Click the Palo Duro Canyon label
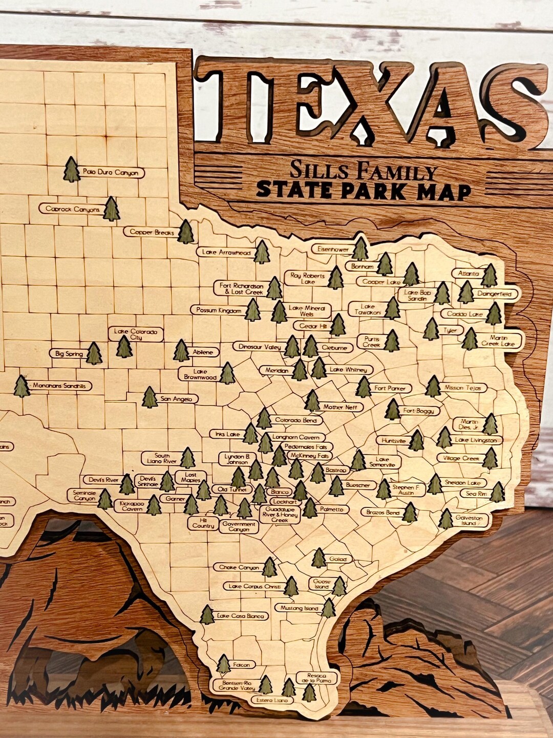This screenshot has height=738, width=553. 110,173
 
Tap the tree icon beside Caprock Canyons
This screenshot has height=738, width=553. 111,209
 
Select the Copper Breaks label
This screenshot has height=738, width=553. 152,232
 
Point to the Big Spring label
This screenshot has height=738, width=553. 69,354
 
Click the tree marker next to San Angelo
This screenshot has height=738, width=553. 150,398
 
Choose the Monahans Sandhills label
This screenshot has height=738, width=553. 60,386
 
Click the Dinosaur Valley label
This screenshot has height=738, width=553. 260,347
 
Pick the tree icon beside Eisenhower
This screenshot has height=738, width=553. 360,249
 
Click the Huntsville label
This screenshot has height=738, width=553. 394,440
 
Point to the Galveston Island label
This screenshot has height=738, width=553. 469,521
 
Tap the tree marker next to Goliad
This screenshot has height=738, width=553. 318,558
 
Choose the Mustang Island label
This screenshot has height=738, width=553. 299,608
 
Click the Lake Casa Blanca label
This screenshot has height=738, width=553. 241,616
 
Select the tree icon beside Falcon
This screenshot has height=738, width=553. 223,664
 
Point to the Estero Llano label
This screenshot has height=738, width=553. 273,700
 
